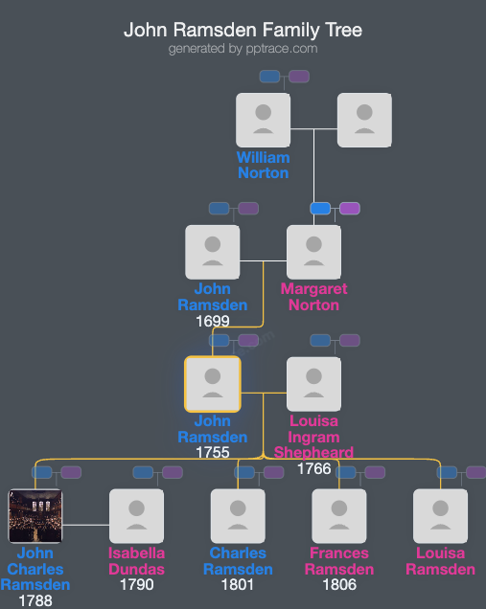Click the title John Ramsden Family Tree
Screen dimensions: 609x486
[x=243, y=30]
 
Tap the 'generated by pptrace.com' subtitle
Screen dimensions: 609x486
[x=243, y=48]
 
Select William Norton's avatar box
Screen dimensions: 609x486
[x=263, y=120]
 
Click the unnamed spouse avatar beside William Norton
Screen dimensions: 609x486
[x=364, y=120]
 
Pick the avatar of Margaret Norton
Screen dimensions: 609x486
[x=313, y=252]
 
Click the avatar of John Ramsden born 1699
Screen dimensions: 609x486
[x=212, y=252]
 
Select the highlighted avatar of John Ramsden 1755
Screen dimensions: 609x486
[x=212, y=384]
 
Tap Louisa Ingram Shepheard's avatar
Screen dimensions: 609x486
[x=313, y=384]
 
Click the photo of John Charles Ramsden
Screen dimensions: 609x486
[x=35, y=516]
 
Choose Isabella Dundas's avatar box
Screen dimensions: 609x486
[x=136, y=516]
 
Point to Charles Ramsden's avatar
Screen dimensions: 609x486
[x=238, y=516]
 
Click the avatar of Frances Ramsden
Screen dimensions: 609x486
[x=338, y=516]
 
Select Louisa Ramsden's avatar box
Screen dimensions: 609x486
[x=440, y=516]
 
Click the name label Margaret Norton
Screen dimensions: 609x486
[x=313, y=297]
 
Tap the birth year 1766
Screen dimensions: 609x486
[x=313, y=469]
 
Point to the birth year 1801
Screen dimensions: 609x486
[x=238, y=585]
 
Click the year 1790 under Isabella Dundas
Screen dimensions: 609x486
[x=136, y=585]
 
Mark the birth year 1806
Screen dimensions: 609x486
[x=338, y=585]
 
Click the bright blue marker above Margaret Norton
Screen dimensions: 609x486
[x=320, y=208]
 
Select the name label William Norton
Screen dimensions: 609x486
[x=263, y=165]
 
